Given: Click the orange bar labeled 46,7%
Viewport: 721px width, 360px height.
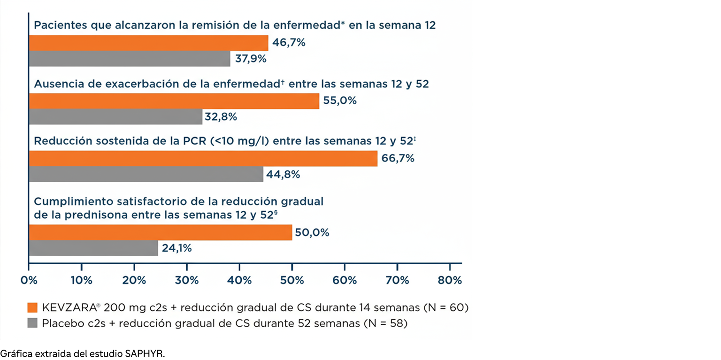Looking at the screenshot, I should click(148, 43).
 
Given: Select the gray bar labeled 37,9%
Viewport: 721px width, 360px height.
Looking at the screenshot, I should click(130, 59).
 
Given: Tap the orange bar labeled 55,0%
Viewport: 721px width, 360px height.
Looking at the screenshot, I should click(174, 101).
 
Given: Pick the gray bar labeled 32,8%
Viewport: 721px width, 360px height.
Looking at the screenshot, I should click(115, 117).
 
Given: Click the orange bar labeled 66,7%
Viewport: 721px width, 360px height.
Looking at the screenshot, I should click(203, 159).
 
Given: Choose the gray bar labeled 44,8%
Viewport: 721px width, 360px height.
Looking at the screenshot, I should click(146, 174).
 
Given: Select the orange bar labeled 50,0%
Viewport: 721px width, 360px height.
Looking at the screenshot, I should click(161, 232).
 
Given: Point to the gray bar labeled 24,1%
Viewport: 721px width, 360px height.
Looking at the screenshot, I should click(93, 248).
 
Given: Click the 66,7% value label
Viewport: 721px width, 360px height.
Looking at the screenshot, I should click(398, 159).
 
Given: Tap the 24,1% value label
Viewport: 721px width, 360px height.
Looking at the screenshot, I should click(176, 248).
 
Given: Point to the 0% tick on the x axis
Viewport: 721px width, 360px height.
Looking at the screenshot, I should click(29, 280).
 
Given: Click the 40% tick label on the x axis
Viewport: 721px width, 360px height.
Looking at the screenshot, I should click(239, 280).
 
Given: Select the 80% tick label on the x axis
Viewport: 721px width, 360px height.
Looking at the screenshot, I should click(450, 280).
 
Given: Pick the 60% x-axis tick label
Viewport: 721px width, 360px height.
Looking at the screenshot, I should click(345, 280).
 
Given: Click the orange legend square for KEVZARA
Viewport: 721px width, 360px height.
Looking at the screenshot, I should click(32, 308).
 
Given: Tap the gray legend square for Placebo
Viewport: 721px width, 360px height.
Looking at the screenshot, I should click(32, 323).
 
